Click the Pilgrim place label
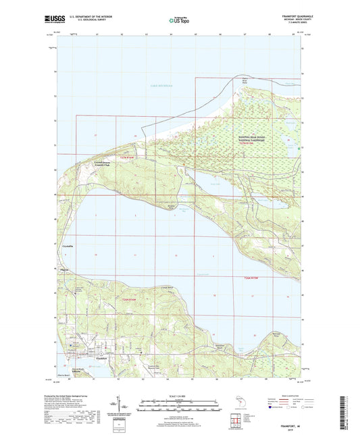(64, 269)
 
